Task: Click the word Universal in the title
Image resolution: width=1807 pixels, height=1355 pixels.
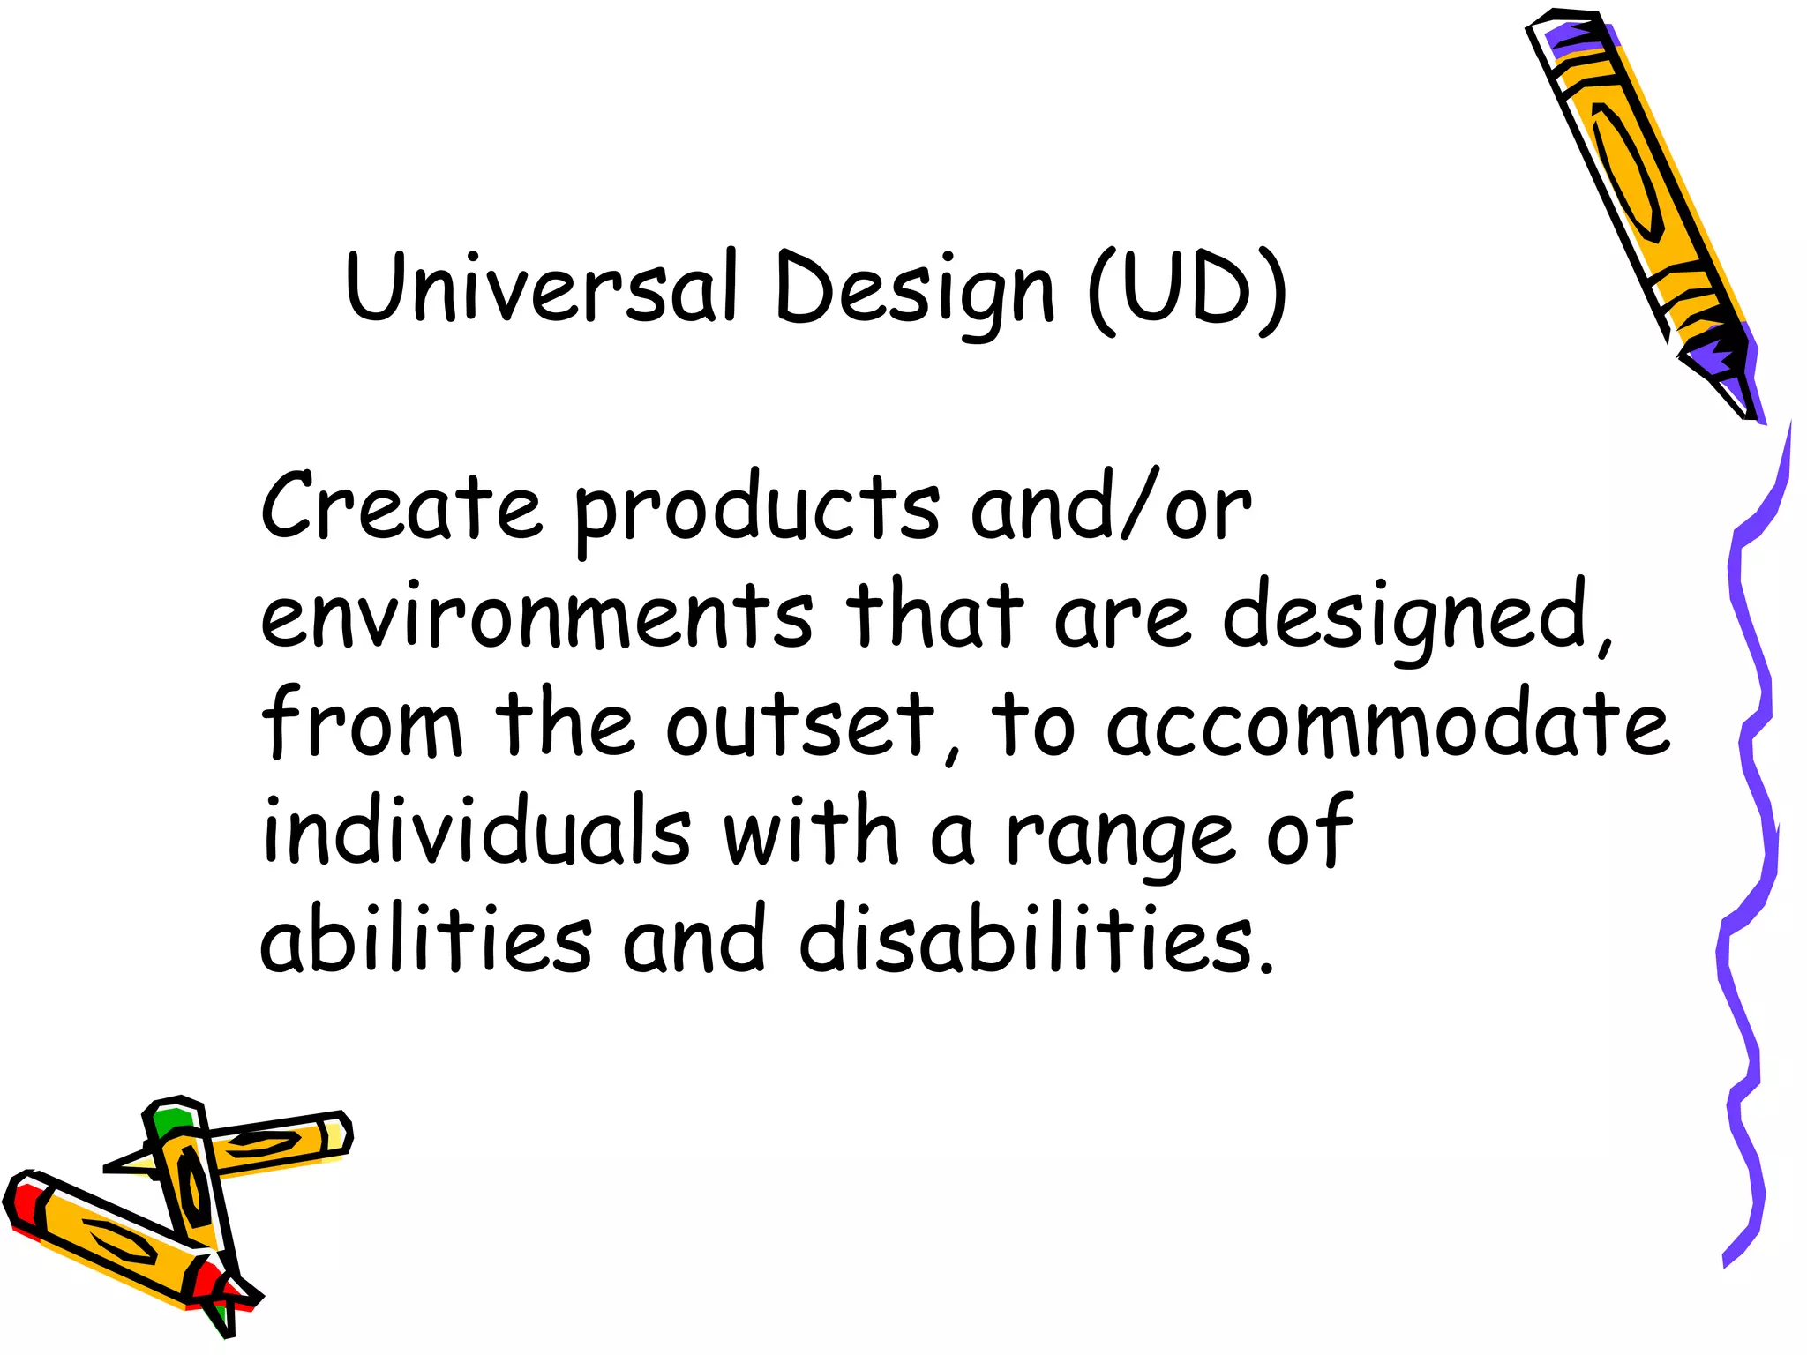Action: [542, 287]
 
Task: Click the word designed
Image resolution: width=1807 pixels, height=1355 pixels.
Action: [1416, 618]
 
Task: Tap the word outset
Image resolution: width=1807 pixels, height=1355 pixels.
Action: [799, 723]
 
